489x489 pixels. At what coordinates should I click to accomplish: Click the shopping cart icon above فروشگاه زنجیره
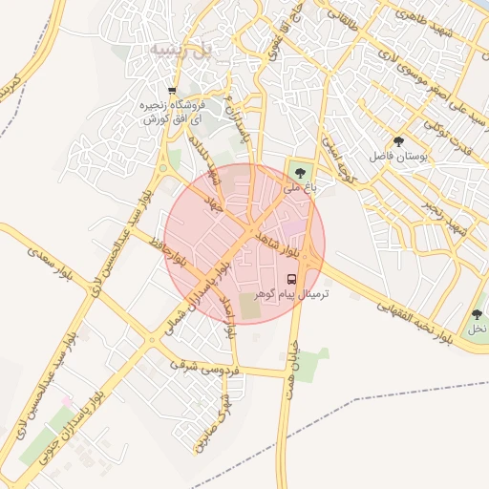172,92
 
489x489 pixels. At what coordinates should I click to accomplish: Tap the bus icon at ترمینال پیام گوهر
291,280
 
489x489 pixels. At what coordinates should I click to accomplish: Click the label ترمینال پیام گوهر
289,295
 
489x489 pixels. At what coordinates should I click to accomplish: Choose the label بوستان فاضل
412,154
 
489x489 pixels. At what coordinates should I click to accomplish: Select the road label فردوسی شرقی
202,366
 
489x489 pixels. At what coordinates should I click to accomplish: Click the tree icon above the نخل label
477,313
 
